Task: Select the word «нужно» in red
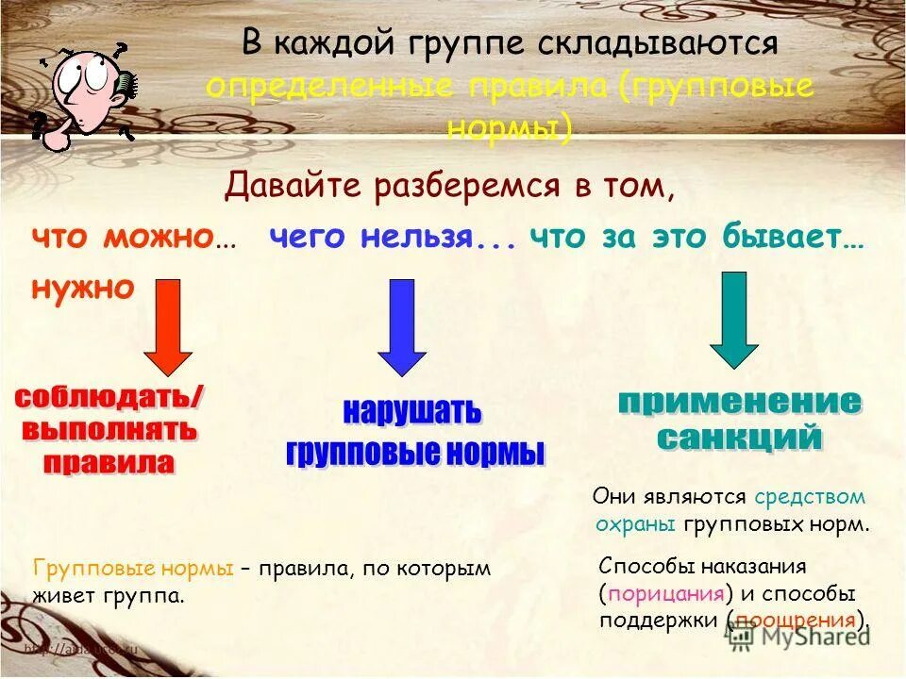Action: click(x=83, y=288)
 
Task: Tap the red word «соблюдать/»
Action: click(x=109, y=398)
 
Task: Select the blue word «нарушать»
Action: click(x=411, y=413)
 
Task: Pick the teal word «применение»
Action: click(x=739, y=402)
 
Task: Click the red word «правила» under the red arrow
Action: click(x=110, y=462)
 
